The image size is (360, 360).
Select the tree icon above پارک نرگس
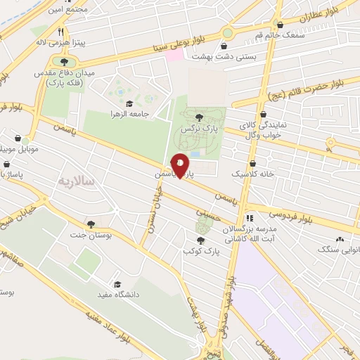click(202, 118)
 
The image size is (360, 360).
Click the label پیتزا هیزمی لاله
click(62, 44)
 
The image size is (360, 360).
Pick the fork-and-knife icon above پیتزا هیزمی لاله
click(61, 32)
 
